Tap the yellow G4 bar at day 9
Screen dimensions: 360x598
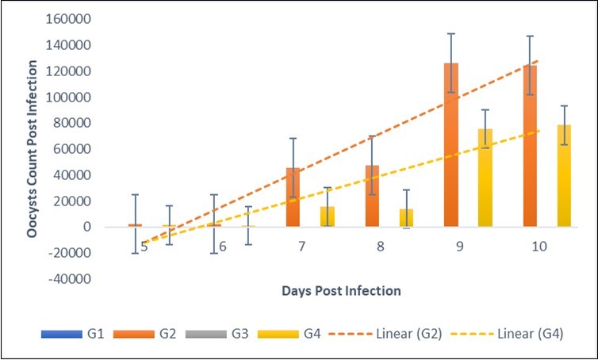click(485, 178)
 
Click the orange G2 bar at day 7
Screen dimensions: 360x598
click(293, 197)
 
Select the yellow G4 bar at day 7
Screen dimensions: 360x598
click(328, 216)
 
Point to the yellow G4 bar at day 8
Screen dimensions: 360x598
click(406, 218)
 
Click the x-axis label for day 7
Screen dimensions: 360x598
click(302, 247)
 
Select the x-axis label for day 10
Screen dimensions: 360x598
click(539, 247)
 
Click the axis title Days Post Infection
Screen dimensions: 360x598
click(341, 291)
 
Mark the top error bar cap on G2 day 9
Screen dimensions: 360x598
click(450, 34)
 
